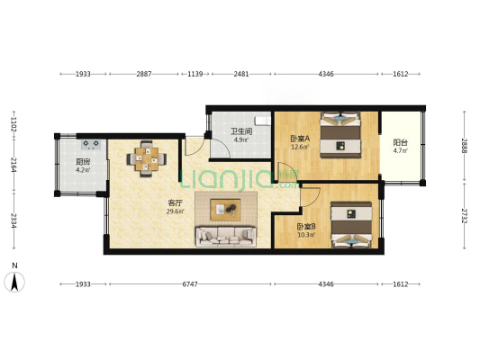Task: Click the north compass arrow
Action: coord(14,282)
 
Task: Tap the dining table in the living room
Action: coord(147,158)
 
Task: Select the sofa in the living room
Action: coord(226,237)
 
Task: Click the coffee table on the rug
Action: coord(225,210)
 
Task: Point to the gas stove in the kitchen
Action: coord(91,144)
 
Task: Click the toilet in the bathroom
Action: coord(264,121)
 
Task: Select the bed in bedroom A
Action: coord(340,135)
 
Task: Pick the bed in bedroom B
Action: coord(351,225)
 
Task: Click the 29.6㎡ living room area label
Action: coord(176,211)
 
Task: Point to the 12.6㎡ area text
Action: coord(300,147)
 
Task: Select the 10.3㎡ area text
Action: coord(306,235)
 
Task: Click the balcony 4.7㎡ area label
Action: coord(401,150)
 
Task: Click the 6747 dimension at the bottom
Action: coord(190,284)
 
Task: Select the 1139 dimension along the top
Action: coord(195,74)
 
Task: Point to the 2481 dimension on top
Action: coord(241,74)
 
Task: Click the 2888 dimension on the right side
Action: coord(465,146)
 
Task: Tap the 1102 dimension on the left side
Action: coord(14,125)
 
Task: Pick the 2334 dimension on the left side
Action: coord(14,220)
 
